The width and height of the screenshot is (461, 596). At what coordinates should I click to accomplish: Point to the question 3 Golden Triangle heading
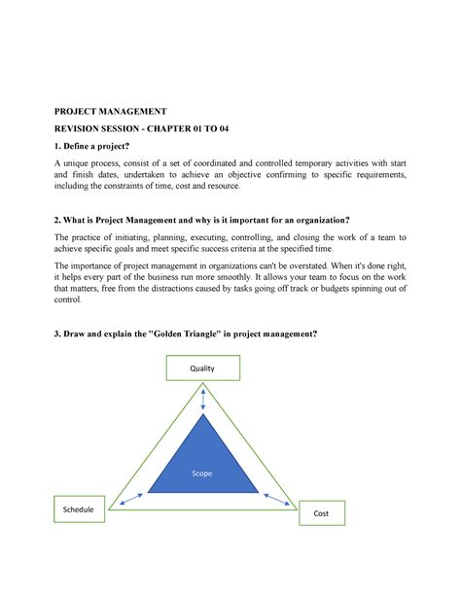[185, 334]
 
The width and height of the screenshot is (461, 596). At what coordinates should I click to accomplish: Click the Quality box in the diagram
[201, 368]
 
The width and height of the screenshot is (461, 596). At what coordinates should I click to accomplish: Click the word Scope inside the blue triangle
[200, 473]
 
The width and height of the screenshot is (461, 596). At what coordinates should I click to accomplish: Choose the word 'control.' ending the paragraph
[71, 300]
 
